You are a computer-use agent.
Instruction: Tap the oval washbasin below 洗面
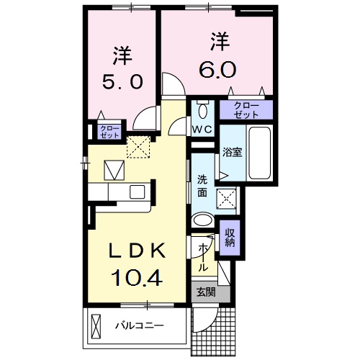click(x=204, y=220)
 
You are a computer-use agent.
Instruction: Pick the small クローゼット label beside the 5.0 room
click(x=109, y=131)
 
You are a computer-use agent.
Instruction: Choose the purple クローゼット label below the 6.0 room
click(x=246, y=110)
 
